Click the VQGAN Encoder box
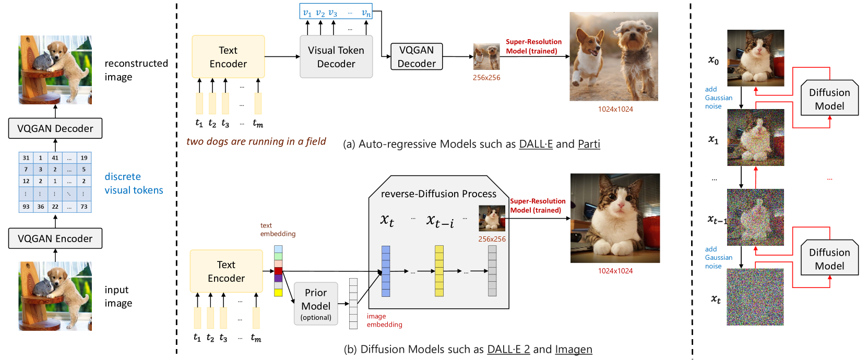coord(55,238)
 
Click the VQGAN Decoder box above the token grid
coord(55,128)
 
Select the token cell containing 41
coord(55,158)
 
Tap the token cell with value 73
coord(84,207)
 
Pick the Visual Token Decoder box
coord(336,57)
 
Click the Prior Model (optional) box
coord(316,304)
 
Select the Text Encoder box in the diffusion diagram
coord(226,271)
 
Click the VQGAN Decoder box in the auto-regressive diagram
coord(417,57)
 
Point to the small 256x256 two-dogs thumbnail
coord(486,57)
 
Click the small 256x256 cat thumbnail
coord(492,218)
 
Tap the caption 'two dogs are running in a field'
coord(256,141)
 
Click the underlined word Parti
coord(589,144)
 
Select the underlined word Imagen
coord(574,349)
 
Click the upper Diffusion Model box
coord(829,99)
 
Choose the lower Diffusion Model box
coord(829,259)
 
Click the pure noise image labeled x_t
coord(755,297)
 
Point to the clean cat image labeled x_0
coord(755,58)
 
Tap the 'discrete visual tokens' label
coord(134,183)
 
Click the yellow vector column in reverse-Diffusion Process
coord(439,271)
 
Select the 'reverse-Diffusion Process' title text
coord(438,194)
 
